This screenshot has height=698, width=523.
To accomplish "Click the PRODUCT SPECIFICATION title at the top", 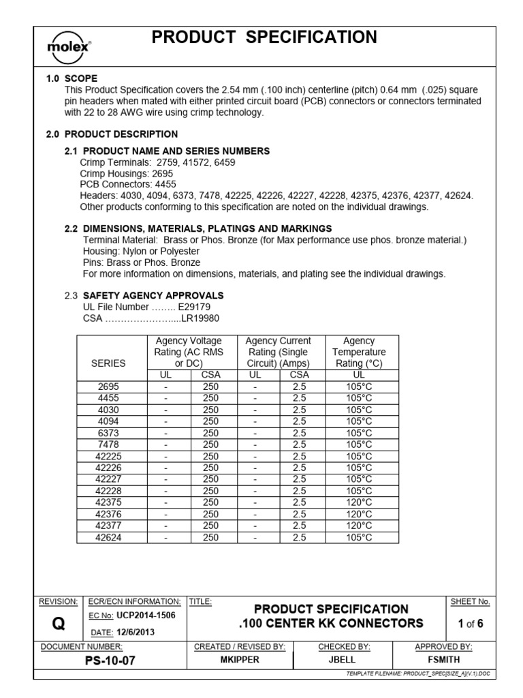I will tap(264, 38).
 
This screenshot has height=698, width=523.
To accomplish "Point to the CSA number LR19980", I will tap(200, 318).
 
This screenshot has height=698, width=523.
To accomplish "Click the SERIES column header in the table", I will tap(108, 363).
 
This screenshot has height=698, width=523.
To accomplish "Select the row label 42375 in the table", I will tap(108, 502).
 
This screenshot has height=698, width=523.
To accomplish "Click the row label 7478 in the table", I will tap(108, 444).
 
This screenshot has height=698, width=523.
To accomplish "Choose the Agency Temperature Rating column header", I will tap(359, 352).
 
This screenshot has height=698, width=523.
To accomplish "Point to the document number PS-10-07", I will tap(81, 660).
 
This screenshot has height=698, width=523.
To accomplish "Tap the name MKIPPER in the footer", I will tap(239, 660).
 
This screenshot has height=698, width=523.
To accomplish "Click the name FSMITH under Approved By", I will tap(443, 660).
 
